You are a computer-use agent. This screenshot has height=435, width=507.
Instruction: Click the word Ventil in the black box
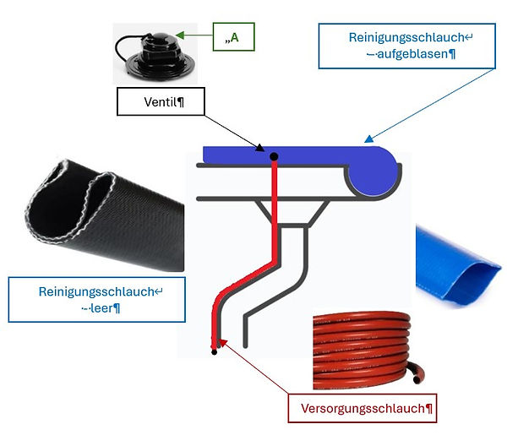point(161,102)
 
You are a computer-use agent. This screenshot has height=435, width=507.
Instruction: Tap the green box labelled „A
point(234,37)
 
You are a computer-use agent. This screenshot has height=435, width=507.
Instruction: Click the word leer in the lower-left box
point(101,308)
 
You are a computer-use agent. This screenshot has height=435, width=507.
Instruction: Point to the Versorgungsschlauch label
point(363,408)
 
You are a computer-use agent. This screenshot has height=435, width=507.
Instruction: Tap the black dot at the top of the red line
point(274,157)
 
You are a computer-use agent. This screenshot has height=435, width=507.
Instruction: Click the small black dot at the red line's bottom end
point(214,351)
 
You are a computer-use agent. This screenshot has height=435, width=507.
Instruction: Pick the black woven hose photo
point(104,215)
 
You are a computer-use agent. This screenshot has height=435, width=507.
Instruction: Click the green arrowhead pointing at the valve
point(180,35)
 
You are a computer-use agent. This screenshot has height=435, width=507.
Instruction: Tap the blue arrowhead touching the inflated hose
point(368,139)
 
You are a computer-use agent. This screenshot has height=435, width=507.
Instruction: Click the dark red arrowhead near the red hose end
point(223,343)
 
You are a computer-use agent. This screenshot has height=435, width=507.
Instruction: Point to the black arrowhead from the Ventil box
point(260,148)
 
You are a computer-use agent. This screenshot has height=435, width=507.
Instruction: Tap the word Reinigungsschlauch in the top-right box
point(406,37)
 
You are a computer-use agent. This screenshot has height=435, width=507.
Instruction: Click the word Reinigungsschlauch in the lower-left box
point(96,292)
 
